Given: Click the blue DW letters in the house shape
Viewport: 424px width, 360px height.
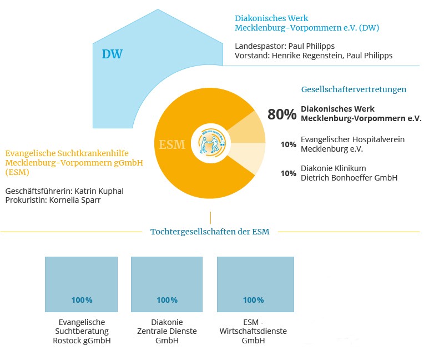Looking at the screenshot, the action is click(112, 54).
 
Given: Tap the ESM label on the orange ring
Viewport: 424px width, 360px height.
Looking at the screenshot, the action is click(172, 144).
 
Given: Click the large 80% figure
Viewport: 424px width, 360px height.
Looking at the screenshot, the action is click(282, 114).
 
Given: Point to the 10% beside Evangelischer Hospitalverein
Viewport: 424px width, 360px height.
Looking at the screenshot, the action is click(289, 144).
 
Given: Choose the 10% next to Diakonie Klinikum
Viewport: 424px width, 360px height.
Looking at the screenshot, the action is click(289, 173).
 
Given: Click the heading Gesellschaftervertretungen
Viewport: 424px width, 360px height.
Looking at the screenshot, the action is click(354, 89).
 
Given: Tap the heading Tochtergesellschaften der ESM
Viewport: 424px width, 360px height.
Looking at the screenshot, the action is click(210, 232).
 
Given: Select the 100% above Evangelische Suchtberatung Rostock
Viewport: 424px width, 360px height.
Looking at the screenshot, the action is click(82, 300).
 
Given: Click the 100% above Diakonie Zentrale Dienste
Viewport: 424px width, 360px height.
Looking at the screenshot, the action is click(167, 300).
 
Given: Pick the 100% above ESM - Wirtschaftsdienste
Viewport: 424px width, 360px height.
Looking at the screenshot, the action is click(254, 300).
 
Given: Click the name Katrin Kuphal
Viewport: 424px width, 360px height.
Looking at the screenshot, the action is click(99, 191).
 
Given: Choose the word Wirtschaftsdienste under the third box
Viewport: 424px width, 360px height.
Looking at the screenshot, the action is click(253, 331).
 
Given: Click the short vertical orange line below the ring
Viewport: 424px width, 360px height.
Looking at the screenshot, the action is click(210, 218).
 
